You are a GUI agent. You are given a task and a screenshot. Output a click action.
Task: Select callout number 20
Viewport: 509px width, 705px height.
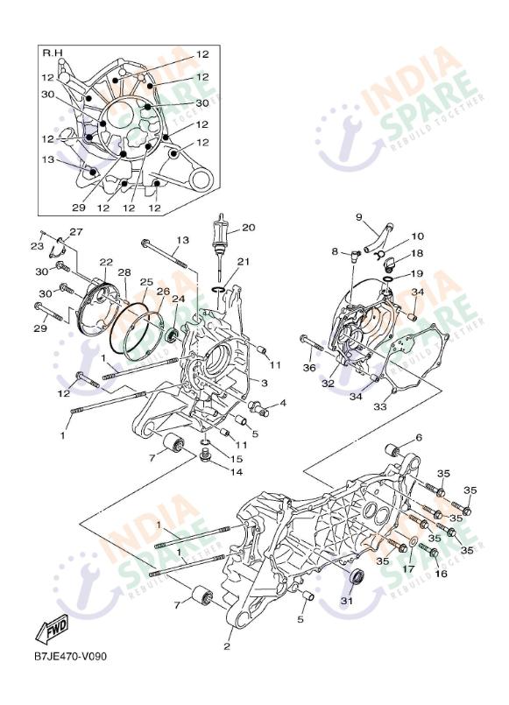[x=248, y=228]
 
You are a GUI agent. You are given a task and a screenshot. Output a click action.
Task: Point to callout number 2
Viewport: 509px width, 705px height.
[x=227, y=647]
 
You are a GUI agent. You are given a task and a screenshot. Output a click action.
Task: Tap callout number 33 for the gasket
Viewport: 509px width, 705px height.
[x=380, y=406]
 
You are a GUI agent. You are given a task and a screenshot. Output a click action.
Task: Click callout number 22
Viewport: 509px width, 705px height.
[x=106, y=262]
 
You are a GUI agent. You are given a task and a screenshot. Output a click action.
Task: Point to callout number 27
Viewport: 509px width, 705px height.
[x=75, y=232]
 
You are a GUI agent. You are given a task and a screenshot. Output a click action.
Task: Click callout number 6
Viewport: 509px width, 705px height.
[x=419, y=437]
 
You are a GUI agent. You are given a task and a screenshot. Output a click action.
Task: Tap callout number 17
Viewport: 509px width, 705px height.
[x=407, y=568]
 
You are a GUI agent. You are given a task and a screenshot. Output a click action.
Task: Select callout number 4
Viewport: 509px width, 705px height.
[x=283, y=403]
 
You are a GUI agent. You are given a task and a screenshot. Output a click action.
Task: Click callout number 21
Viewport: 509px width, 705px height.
[x=244, y=262]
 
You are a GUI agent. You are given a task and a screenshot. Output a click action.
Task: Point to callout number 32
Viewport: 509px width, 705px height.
[x=329, y=383]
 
